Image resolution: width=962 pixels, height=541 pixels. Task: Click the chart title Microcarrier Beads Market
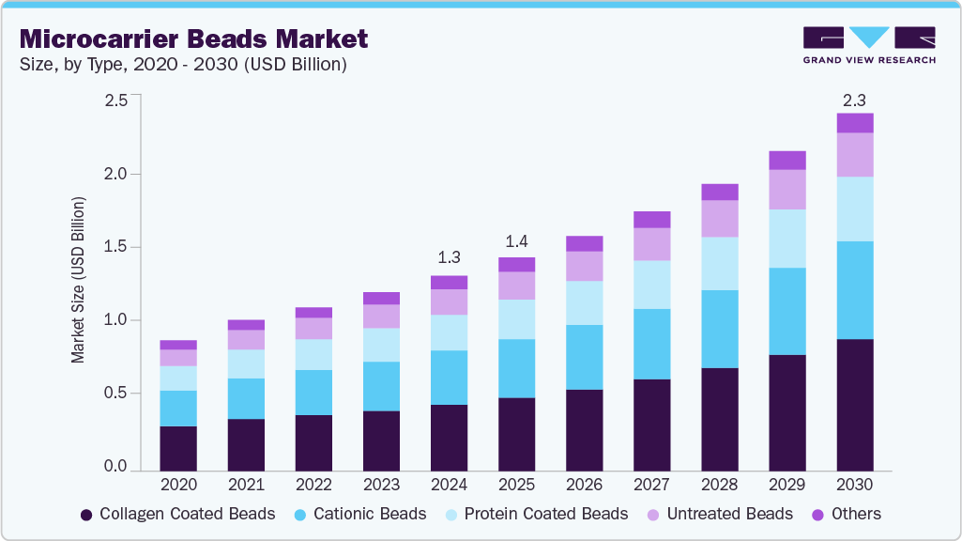(x=193, y=39)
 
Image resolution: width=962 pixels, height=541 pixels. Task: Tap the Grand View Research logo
(x=868, y=44)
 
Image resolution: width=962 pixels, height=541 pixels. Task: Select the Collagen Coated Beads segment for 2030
(x=854, y=404)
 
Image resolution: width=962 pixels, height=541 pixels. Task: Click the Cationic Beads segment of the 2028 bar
(x=719, y=329)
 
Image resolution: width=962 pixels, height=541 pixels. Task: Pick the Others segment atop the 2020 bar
(x=178, y=345)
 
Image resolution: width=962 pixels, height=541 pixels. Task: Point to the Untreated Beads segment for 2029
(x=786, y=189)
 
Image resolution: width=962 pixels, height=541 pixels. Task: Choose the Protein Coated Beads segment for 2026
(x=584, y=302)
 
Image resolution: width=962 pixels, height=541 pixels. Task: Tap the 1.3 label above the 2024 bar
(x=449, y=257)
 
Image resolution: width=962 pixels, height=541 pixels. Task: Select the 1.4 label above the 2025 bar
(x=516, y=240)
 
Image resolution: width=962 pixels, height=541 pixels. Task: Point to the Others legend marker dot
(x=817, y=515)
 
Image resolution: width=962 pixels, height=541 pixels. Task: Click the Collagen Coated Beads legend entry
(x=177, y=514)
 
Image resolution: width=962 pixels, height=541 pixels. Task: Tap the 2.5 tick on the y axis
(x=115, y=100)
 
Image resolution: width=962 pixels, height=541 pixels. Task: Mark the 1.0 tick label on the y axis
(x=115, y=320)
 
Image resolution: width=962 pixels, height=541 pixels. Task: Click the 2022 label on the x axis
(x=313, y=485)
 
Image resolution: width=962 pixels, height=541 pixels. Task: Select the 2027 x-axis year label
(x=651, y=485)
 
